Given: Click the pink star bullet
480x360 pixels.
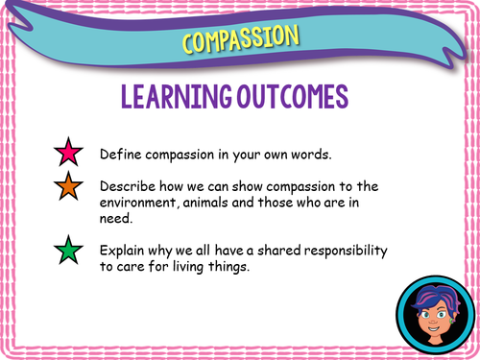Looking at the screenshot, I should coord(68,154).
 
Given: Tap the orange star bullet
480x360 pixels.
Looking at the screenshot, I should coord(68,189).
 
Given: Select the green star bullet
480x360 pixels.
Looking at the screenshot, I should coord(68,254).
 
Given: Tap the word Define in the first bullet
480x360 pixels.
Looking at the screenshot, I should coord(119,154).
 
